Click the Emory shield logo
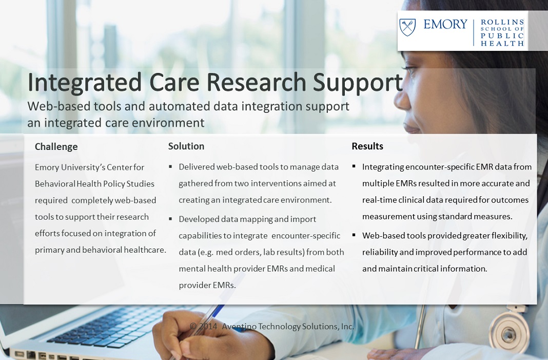point(407,27)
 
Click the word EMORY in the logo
point(445,24)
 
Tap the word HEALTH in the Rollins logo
point(502,43)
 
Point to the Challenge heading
point(56,146)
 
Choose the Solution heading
point(186,146)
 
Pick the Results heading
point(367,146)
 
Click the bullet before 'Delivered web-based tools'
point(170,166)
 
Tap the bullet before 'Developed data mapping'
point(170,219)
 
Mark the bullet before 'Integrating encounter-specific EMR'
point(354,166)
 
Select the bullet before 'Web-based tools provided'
point(354,235)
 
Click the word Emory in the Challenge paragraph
point(47,167)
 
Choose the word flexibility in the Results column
point(509,236)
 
